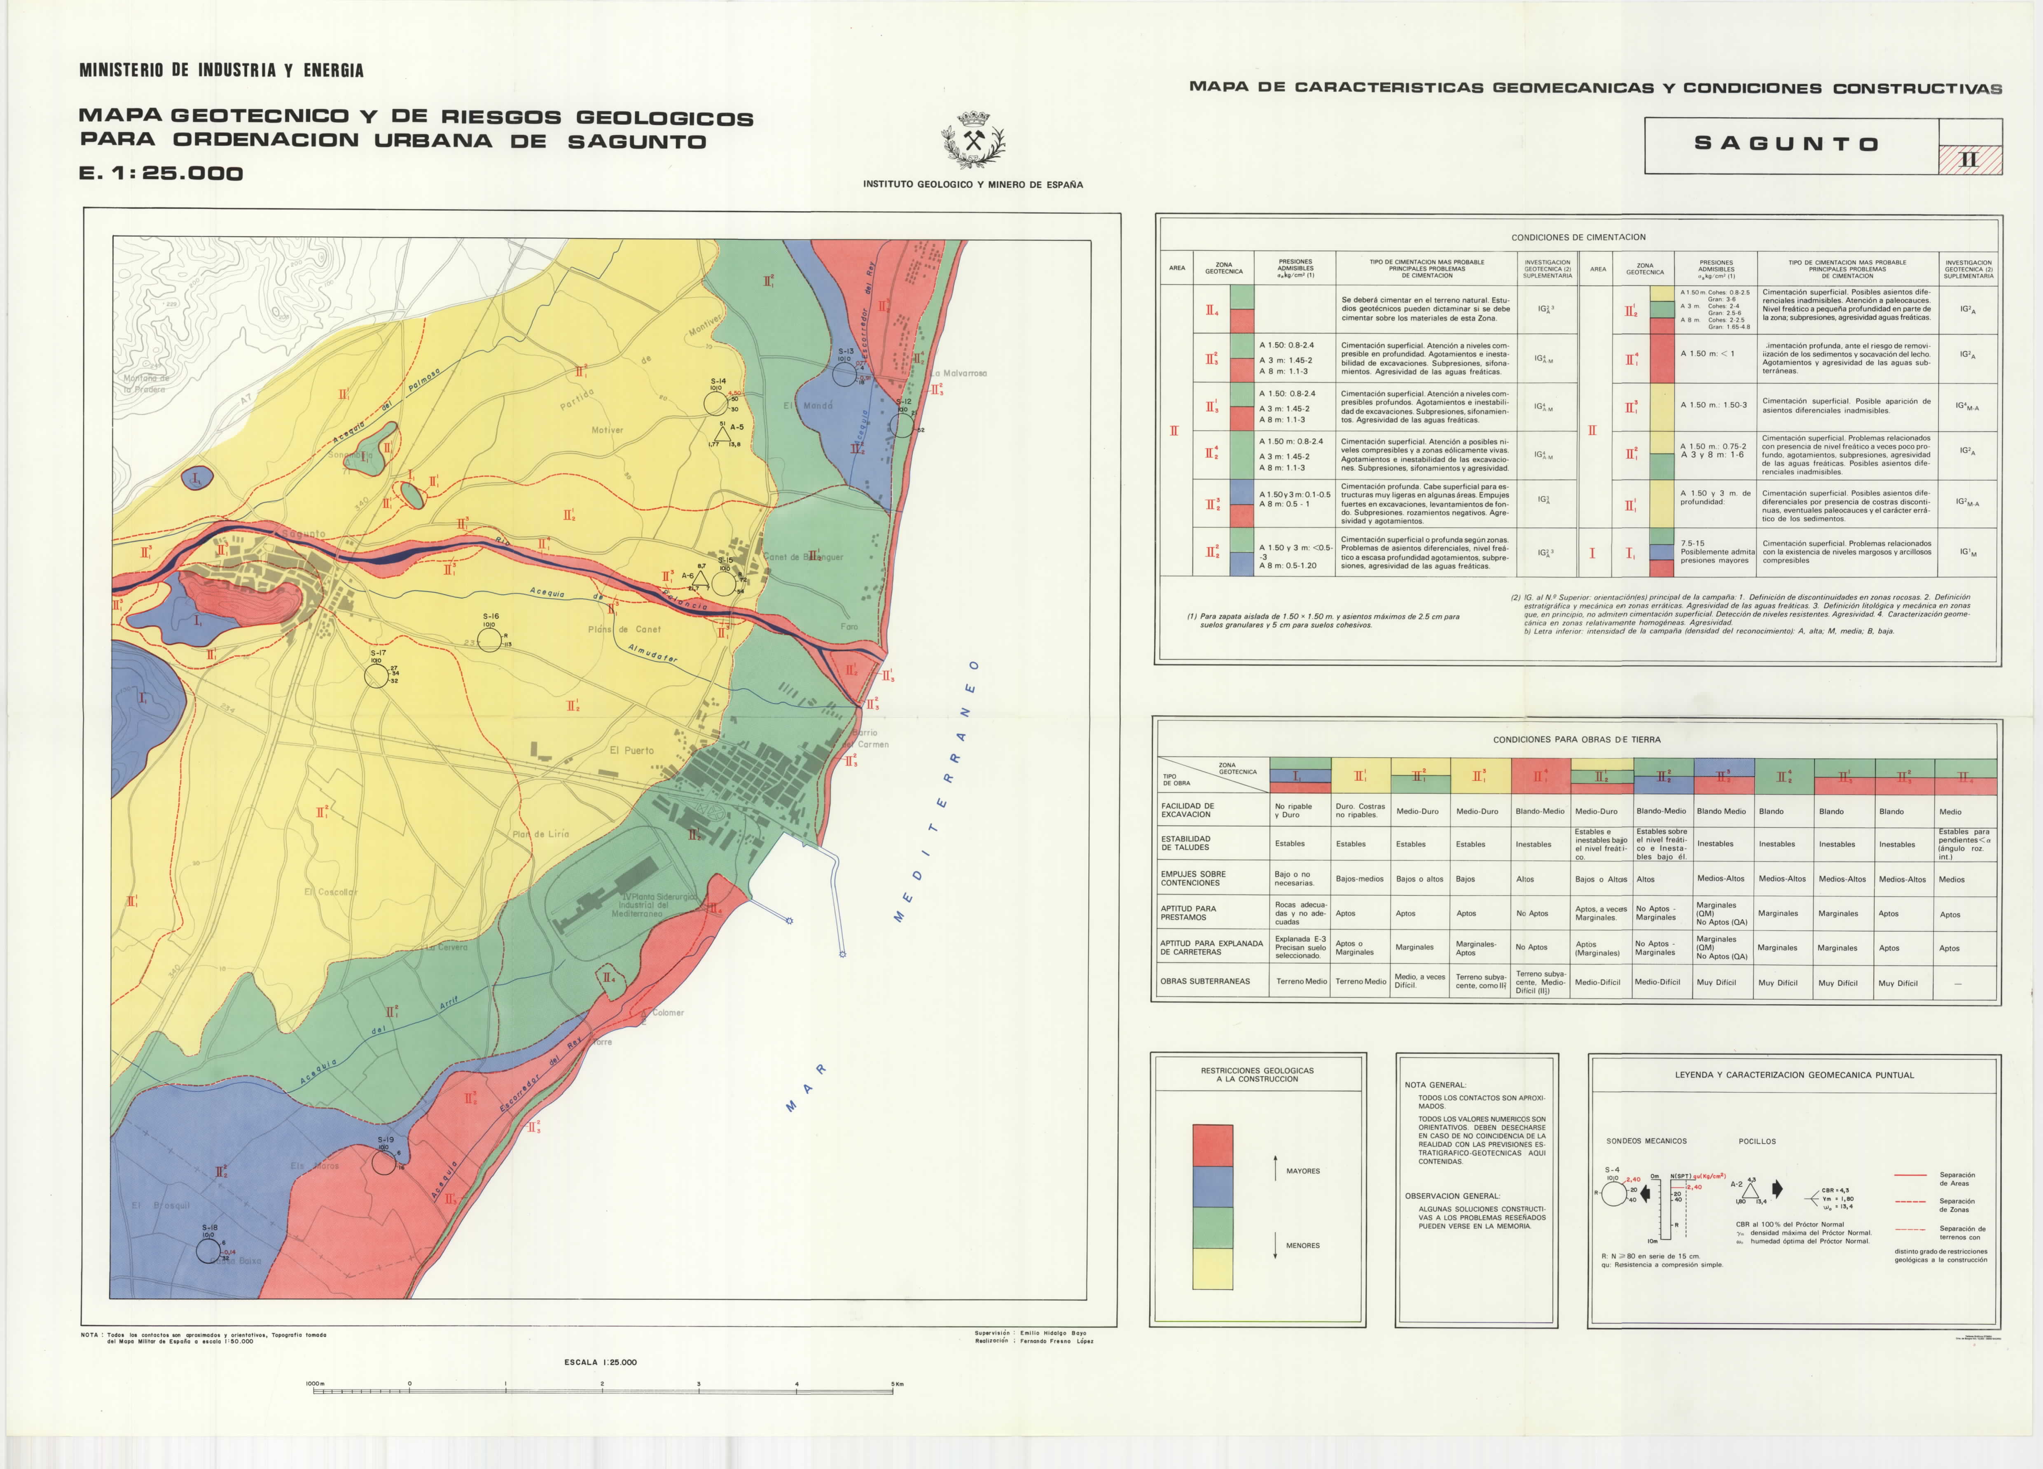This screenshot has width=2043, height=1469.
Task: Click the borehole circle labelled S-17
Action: (x=376, y=675)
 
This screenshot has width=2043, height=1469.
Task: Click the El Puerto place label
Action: (x=631, y=750)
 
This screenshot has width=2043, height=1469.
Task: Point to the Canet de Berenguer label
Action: (x=804, y=557)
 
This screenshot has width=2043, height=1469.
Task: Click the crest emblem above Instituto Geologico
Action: (x=973, y=140)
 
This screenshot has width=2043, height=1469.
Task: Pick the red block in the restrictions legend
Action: (x=1213, y=1146)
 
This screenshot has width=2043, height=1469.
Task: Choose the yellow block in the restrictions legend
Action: (x=1213, y=1268)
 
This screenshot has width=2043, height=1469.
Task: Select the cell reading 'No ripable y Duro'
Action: (x=1293, y=810)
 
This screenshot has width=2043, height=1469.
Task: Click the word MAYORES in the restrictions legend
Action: (x=1302, y=1171)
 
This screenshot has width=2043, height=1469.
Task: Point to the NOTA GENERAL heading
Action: (x=1435, y=1084)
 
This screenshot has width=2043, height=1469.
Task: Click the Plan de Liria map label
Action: (x=540, y=834)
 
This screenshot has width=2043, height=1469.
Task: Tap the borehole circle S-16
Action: (x=489, y=640)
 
